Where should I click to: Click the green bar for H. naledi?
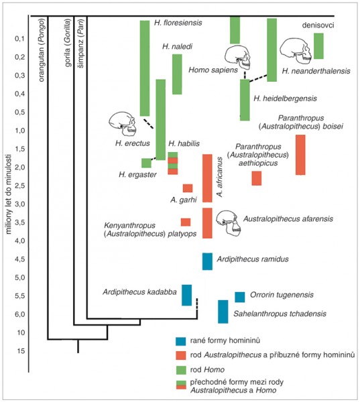(x=177, y=74)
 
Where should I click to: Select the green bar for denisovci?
(x=318, y=46)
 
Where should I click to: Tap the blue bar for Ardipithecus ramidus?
(x=207, y=261)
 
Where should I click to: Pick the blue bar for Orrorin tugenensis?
(x=239, y=297)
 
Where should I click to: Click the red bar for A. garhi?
(x=188, y=188)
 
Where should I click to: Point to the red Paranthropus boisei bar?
(x=300, y=155)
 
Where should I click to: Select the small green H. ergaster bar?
(x=146, y=163)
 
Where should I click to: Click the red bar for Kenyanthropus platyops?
(x=186, y=222)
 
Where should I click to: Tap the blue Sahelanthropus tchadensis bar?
(x=223, y=312)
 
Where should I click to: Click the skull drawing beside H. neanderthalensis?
(x=296, y=51)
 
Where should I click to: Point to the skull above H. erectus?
(x=123, y=123)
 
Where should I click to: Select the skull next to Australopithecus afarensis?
(x=228, y=223)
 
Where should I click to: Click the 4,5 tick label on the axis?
(x=19, y=259)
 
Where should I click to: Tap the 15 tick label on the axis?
(x=21, y=350)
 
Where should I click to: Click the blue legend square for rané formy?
(x=180, y=341)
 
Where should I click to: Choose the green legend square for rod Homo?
(x=180, y=370)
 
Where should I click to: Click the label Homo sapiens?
(x=213, y=70)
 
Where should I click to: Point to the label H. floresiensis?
(x=178, y=23)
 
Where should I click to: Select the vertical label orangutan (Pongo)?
(x=42, y=50)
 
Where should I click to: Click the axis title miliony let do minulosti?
(x=9, y=194)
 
